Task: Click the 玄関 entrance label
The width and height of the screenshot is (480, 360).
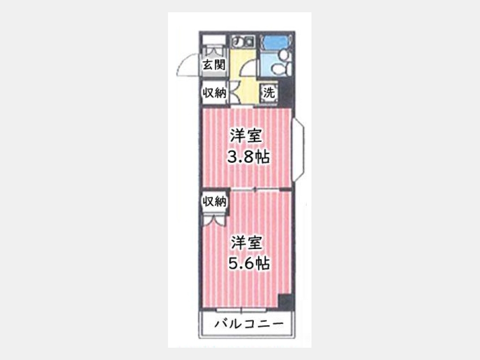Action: [x=214, y=65]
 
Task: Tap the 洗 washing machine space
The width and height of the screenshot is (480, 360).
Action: [x=269, y=92]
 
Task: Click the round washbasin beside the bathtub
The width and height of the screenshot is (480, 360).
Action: [x=284, y=55]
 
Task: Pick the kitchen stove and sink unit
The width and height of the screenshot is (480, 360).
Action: [x=243, y=41]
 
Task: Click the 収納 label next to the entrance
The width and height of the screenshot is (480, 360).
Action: [x=214, y=92]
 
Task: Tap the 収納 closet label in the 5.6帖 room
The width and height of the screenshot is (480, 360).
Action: [x=214, y=201]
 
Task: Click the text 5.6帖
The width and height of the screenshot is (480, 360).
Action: [x=249, y=263]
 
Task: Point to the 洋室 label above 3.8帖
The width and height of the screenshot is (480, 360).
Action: [x=246, y=136]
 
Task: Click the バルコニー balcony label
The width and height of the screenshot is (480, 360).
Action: [x=249, y=324]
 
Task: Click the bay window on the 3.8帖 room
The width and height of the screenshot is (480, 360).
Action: [x=299, y=150]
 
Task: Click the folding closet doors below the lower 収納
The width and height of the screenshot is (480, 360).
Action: [x=214, y=220]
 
